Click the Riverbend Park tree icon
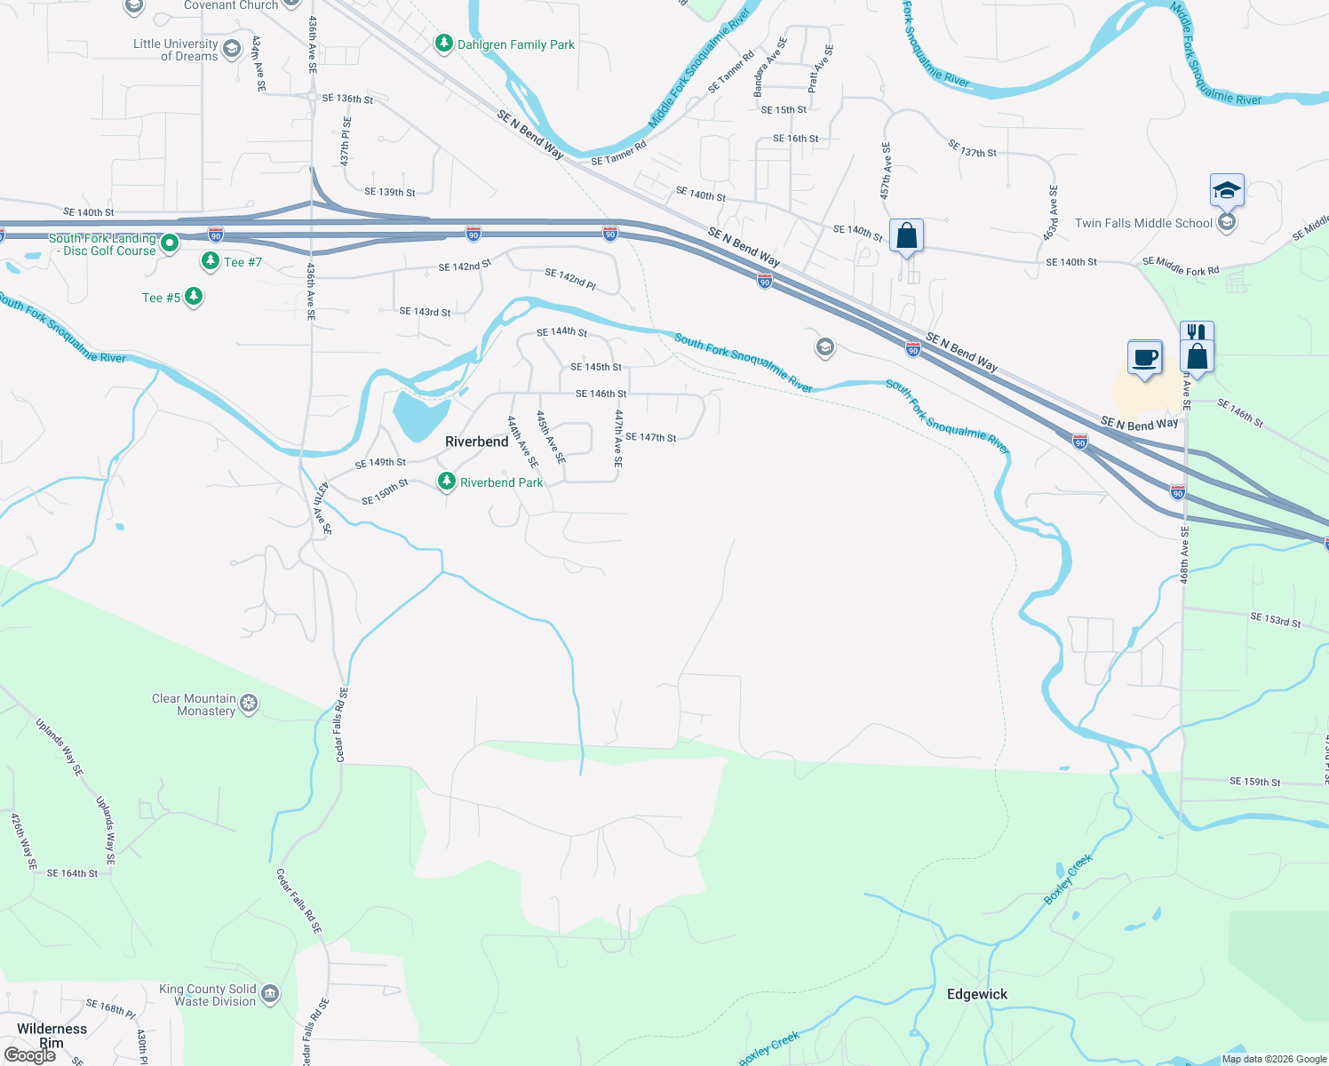(447, 481)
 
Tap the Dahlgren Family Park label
(515, 44)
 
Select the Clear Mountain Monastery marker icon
(250, 704)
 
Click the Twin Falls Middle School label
(1143, 223)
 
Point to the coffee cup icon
(1144, 358)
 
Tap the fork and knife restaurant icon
(1196, 332)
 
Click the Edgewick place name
(977, 994)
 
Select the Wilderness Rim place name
(52, 1036)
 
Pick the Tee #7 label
(243, 262)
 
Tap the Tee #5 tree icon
(194, 297)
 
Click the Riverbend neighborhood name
(477, 442)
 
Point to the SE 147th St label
(650, 437)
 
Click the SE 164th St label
(72, 873)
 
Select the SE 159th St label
(1254, 782)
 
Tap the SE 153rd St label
(1275, 620)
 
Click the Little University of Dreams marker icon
(232, 49)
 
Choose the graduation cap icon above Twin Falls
(1226, 189)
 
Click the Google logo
(30, 1055)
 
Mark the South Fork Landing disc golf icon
(170, 243)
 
